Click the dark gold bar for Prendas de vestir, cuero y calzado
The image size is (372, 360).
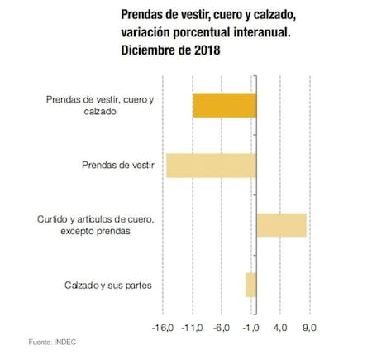(x=224, y=105)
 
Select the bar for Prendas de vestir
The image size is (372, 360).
(x=212, y=166)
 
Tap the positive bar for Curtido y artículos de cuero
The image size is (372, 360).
(x=281, y=224)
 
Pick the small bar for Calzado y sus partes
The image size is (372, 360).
(x=250, y=285)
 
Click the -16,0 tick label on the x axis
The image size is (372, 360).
(x=162, y=328)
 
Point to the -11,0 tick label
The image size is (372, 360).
(x=193, y=328)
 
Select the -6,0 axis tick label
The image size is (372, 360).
(x=222, y=328)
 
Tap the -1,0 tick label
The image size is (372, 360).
(x=252, y=328)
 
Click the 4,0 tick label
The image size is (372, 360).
(x=281, y=328)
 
